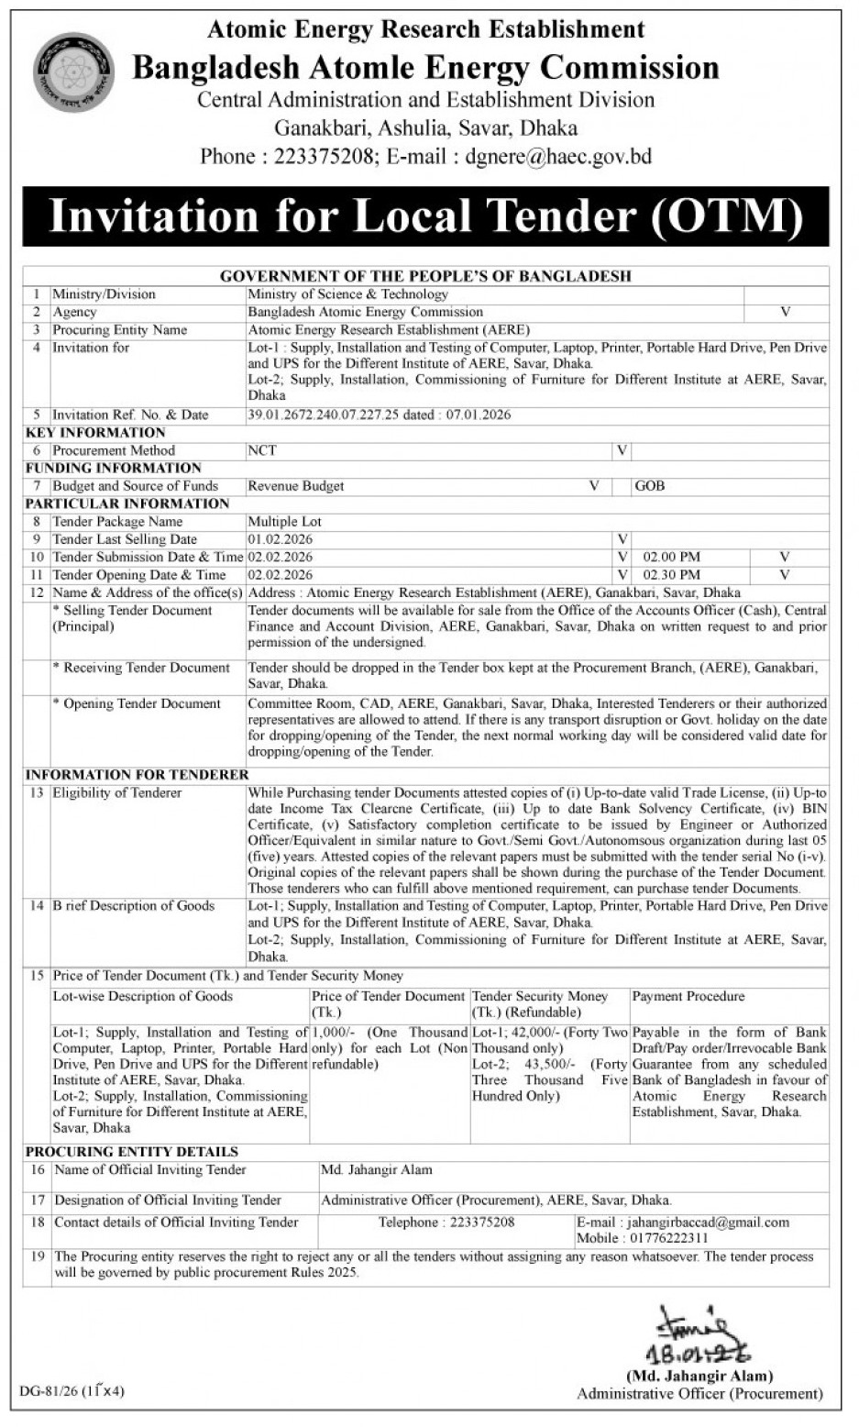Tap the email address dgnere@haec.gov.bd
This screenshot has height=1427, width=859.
[551, 157]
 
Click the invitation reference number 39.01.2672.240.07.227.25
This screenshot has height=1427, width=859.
[324, 415]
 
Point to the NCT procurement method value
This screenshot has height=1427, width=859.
[261, 450]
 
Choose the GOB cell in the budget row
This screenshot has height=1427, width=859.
[650, 486]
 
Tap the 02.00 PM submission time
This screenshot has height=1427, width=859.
[671, 557]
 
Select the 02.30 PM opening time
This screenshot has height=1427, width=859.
[671, 575]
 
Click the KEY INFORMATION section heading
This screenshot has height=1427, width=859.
[95, 433]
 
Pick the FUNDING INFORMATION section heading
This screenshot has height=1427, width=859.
[113, 468]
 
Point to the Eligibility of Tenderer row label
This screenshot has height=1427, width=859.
[116, 792]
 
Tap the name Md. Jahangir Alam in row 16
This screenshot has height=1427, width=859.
[377, 1170]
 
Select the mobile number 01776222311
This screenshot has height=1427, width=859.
[669, 1238]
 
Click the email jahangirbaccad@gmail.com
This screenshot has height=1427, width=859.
[707, 1222]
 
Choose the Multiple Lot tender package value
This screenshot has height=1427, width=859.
[284, 522]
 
